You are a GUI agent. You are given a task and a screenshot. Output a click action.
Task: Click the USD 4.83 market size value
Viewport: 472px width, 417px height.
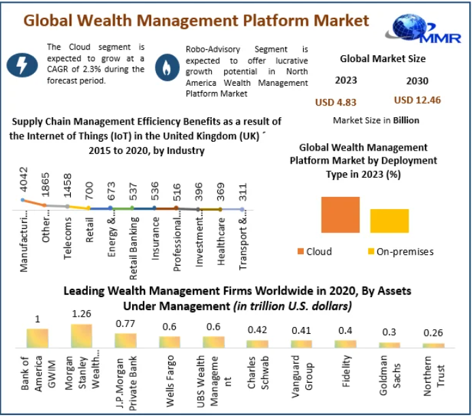click(335, 102)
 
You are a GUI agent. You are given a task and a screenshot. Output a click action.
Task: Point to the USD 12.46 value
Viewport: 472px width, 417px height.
click(417, 100)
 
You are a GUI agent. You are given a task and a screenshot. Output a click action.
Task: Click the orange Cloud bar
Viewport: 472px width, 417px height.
click(341, 215)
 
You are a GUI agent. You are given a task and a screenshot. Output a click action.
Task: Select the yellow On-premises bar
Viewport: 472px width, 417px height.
click(389, 221)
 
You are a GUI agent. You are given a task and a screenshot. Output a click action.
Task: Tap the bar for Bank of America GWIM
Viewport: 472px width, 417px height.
click(37, 338)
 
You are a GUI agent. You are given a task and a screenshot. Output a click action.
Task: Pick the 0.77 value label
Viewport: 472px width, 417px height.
click(125, 324)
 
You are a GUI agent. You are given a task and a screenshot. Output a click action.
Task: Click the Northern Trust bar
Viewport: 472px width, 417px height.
click(433, 345)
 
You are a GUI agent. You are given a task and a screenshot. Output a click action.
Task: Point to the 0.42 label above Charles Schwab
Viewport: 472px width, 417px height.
click(257, 330)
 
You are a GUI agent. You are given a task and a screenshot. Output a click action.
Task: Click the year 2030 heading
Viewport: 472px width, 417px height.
click(417, 81)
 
